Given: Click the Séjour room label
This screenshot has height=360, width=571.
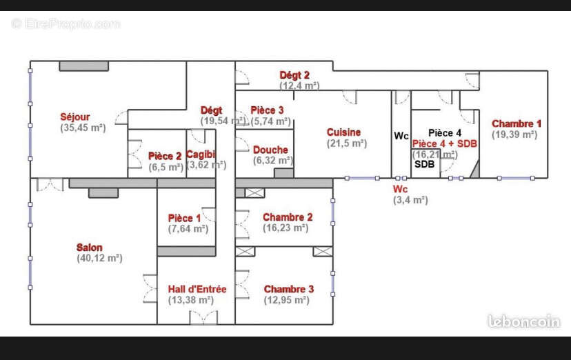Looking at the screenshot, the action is [x=75, y=117].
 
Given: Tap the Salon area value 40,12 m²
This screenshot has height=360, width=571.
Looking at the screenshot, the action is [x=99, y=258].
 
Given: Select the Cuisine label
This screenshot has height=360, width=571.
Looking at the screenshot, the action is [x=343, y=132].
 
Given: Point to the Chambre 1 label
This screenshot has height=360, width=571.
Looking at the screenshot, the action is [x=517, y=123].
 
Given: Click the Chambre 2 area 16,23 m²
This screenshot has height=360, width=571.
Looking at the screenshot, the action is [x=285, y=228].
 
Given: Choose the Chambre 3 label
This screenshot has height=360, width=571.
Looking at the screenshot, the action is [x=289, y=289].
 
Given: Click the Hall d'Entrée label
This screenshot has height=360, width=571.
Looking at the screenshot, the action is [x=197, y=289].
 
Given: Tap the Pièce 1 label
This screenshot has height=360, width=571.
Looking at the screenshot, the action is [x=184, y=218].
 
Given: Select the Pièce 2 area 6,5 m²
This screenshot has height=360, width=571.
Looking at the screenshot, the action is [x=166, y=167].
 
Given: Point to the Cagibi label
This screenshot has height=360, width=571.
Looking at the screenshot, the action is [x=201, y=154].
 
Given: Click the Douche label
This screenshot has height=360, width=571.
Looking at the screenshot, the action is [x=270, y=150].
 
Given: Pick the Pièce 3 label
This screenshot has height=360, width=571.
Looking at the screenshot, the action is [x=267, y=110].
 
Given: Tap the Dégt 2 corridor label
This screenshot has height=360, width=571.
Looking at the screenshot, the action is [x=294, y=75].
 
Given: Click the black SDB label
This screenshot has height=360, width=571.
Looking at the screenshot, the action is [x=425, y=164].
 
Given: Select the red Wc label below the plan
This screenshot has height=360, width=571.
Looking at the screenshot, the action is [x=400, y=189].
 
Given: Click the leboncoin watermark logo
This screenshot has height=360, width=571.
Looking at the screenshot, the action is [x=523, y=321].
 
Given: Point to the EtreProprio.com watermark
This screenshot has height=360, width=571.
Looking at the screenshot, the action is [x=66, y=23].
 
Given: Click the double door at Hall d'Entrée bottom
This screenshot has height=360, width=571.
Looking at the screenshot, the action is [x=203, y=317].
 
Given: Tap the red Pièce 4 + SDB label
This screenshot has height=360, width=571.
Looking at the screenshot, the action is [x=445, y=143].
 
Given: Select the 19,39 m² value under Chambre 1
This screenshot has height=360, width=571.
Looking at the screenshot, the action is [x=514, y=134].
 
